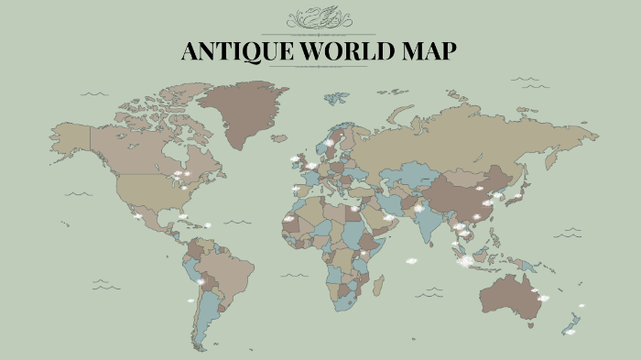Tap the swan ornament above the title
point(320,19)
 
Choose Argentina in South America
point(207,311)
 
